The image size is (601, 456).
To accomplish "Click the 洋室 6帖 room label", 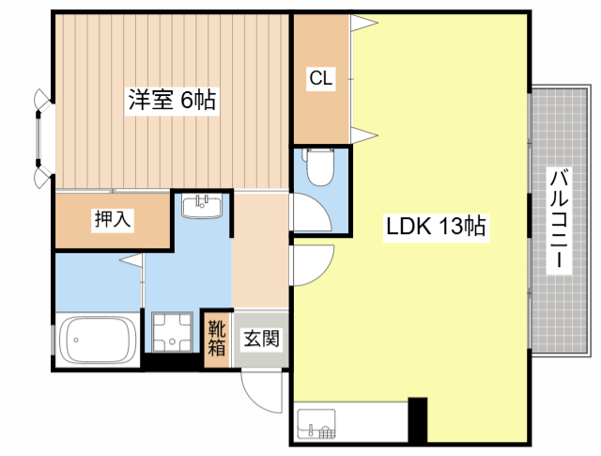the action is (172, 101).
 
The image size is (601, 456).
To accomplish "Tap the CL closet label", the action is (321, 78).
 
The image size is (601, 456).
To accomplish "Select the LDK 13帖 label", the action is (436, 226).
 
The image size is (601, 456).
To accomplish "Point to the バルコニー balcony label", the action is (559, 220).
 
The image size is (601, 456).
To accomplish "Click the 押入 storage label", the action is (113, 219).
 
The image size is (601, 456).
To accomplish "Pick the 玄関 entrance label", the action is (262, 338).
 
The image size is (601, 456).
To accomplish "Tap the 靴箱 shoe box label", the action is (217, 338).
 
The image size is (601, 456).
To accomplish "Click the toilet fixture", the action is (319, 166).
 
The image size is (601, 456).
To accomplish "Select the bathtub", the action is (98, 339).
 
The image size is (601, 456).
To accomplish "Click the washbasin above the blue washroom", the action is (202, 206).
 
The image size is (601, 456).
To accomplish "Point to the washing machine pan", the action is (172, 333).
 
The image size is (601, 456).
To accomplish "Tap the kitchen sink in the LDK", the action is (316, 424).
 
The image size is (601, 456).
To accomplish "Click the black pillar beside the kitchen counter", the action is (417, 420).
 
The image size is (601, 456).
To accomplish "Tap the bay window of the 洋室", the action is (42, 138).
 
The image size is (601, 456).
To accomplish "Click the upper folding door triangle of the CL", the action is (363, 23).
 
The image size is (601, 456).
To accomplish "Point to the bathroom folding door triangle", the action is (132, 259).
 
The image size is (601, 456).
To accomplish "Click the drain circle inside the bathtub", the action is (76, 340).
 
